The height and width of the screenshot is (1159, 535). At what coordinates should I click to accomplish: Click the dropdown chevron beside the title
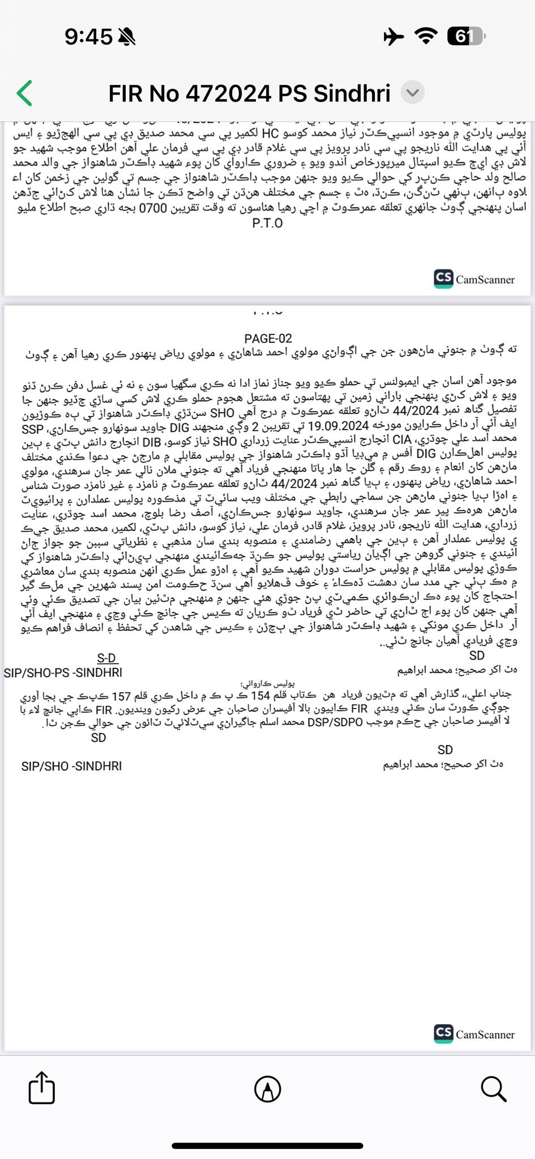coord(413,93)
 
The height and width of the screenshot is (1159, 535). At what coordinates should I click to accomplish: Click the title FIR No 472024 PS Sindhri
coord(249,93)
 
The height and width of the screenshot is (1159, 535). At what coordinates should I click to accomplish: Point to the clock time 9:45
coord(88,37)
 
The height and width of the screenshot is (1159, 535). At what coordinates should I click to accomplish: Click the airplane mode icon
coord(394,37)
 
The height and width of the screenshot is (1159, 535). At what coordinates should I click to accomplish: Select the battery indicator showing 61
coord(465,37)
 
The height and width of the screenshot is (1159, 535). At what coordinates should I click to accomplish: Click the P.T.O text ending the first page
coord(267,223)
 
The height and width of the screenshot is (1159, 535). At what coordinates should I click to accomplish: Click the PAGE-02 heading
coord(268,338)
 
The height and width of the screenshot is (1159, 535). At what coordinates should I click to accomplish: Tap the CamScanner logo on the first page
coord(474,278)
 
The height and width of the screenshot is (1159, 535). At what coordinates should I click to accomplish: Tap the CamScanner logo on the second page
coord(474,1034)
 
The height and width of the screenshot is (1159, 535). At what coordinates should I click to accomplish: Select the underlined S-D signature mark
coord(106,658)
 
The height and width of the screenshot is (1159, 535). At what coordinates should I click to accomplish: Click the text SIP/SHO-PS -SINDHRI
coord(63,673)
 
